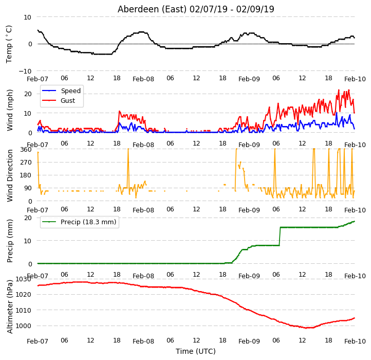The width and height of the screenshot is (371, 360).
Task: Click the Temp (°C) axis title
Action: (x=9, y=44)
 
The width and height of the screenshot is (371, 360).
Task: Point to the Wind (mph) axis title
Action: (x=10, y=110)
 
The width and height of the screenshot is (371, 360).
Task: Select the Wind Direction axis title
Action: (x=10, y=175)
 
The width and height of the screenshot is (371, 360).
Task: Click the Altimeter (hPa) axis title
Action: (x=10, y=307)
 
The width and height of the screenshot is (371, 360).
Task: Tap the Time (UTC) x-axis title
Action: (x=196, y=351)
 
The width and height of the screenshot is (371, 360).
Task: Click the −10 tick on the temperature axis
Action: (x=25, y=71)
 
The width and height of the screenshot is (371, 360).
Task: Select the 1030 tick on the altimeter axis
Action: (x=23, y=279)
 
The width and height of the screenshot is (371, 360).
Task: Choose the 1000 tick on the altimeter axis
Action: (x=23, y=326)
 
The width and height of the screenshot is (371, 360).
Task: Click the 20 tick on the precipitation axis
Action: (x=28, y=218)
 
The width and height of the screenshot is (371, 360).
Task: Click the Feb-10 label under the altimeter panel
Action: (x=355, y=341)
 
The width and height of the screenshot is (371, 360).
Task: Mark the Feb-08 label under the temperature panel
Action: (x=143, y=79)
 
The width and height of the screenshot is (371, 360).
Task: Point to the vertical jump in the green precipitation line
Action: (x=280, y=237)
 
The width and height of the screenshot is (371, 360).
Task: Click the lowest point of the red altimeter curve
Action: (x=306, y=328)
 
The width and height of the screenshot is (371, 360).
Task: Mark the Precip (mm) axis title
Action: (x=10, y=241)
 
